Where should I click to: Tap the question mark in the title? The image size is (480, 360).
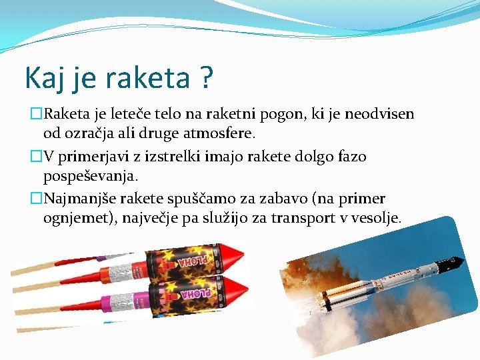tap(205, 78)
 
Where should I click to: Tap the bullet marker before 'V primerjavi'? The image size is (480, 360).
tap(37, 157)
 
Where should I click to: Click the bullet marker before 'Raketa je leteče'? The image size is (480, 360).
tap(37, 114)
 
